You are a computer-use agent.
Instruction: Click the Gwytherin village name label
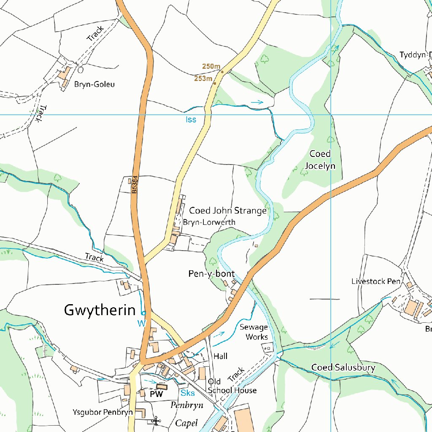point(100,310)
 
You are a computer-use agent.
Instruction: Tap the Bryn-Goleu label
point(94,84)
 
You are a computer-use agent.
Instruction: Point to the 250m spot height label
point(211,66)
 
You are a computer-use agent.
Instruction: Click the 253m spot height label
point(203,78)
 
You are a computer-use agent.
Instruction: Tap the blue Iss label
point(191,119)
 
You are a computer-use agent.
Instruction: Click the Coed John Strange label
point(227,210)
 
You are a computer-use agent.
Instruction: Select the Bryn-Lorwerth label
point(209,222)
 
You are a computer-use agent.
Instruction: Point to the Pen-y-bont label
point(211,274)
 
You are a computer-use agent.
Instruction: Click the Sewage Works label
point(254,332)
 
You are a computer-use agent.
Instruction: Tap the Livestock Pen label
point(376,281)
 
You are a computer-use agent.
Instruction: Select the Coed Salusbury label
point(343,367)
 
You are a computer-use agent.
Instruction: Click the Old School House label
point(232,386)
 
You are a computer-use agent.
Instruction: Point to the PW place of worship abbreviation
point(157,394)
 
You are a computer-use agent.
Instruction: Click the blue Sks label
point(187,393)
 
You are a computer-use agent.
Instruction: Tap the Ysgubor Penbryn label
point(103,412)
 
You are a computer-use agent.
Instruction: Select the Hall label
point(220,356)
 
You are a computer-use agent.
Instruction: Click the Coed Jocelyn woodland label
point(320,159)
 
